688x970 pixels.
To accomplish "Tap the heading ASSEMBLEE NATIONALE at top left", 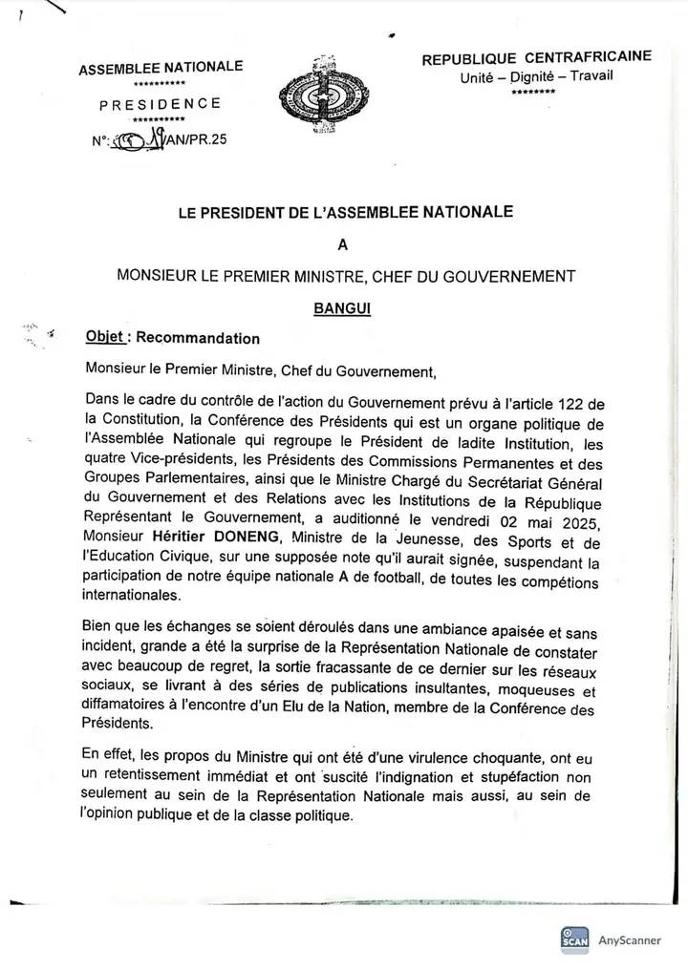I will point(161,68).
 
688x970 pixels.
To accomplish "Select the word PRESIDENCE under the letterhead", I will point(161,103).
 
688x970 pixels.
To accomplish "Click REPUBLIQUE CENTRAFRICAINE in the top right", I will point(537,58).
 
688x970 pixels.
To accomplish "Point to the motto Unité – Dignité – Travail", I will point(536,76).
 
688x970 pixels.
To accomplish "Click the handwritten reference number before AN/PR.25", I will point(140,143).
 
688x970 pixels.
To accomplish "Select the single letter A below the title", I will point(344,243).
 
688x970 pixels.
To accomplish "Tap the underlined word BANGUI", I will point(344,308).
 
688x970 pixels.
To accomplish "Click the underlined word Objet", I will point(104,337).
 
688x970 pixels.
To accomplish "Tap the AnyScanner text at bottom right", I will point(630,939).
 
